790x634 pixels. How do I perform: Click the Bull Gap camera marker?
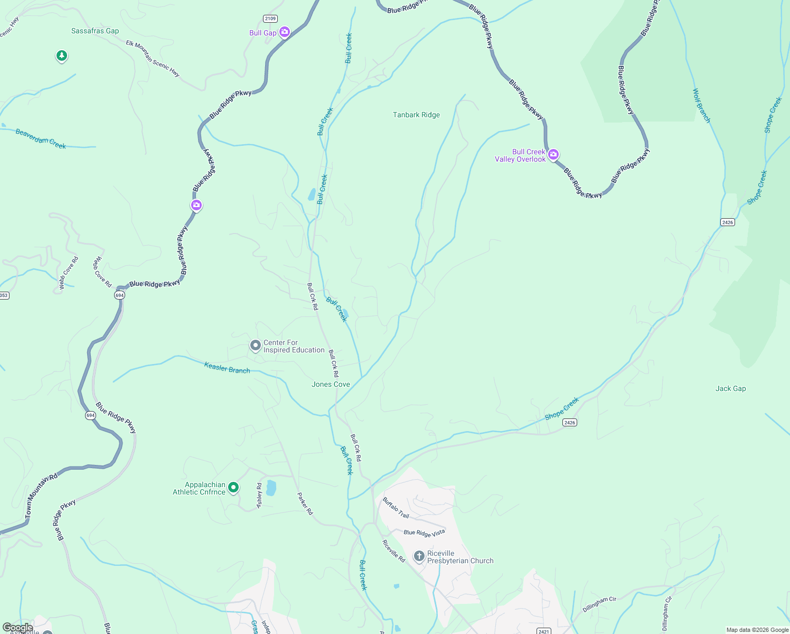(x=285, y=32)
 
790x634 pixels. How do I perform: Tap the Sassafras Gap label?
(x=95, y=31)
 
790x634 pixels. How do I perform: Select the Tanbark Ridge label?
(x=416, y=115)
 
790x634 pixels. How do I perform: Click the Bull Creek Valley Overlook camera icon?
(x=553, y=154)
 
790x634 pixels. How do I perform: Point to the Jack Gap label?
(x=730, y=388)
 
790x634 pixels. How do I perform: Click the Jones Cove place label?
(x=331, y=384)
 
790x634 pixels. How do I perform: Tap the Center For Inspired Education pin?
(x=256, y=346)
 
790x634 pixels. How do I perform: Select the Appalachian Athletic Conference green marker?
(x=233, y=487)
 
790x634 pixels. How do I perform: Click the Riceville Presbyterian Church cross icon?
(x=419, y=556)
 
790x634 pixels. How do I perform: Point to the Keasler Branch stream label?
(x=227, y=368)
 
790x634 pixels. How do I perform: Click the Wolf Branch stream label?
(x=701, y=106)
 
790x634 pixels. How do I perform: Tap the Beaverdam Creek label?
(x=41, y=138)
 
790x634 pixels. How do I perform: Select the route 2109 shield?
(x=270, y=18)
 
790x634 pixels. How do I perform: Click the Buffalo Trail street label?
(x=396, y=508)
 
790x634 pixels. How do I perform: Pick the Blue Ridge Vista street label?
(x=424, y=533)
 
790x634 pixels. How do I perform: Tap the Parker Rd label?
(x=305, y=504)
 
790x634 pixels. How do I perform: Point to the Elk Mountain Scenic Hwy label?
(x=153, y=59)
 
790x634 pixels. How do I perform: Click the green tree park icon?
(x=62, y=55)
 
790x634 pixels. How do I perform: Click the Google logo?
(x=18, y=628)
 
